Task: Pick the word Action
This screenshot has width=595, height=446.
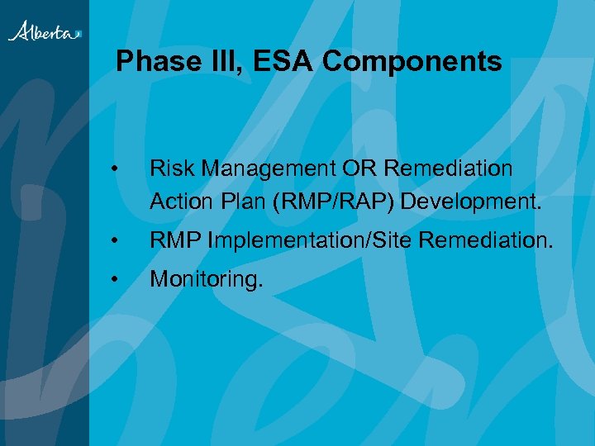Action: click(x=177, y=202)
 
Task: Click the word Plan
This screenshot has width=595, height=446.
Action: click(x=234, y=202)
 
